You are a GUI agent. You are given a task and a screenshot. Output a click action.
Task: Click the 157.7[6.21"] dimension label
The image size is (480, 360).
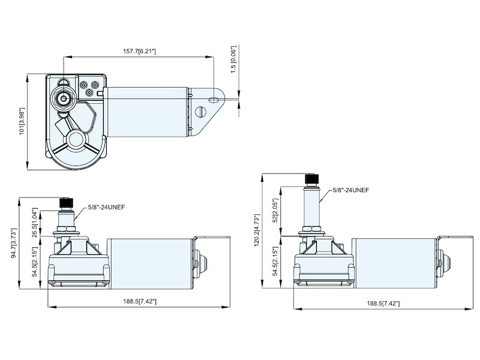(x=139, y=52)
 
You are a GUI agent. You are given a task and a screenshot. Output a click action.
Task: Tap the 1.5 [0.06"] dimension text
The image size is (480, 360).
(x=235, y=59)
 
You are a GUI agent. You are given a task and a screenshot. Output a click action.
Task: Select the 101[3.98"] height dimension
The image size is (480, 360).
(x=22, y=121)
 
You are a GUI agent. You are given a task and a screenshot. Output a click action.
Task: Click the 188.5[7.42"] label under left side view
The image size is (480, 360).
(x=139, y=301)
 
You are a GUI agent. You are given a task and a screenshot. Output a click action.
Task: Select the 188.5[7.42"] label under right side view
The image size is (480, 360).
(x=382, y=304)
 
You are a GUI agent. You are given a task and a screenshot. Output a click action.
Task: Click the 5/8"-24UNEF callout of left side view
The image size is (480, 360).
(x=106, y=208)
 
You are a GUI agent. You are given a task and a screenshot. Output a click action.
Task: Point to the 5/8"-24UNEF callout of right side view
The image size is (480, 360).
(x=350, y=190)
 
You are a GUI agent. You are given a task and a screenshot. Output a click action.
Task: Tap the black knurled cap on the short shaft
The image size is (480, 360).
(x=65, y=203)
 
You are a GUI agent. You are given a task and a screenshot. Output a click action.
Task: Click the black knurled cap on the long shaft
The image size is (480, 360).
(x=311, y=179)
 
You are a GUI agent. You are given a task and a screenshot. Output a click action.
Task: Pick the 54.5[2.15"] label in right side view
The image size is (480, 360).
(x=277, y=262)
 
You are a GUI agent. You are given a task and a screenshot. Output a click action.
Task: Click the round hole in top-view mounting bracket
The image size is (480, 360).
(x=202, y=112)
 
